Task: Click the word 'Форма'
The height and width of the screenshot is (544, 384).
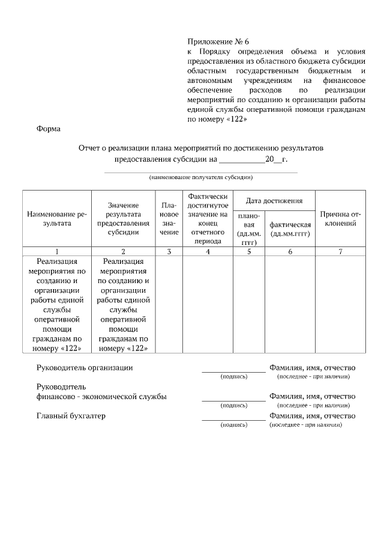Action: click(48, 129)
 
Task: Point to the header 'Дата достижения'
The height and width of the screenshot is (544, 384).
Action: click(274, 200)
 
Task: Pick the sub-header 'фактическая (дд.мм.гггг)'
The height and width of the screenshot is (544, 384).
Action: click(290, 229)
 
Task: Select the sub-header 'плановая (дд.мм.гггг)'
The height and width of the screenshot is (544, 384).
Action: click(248, 229)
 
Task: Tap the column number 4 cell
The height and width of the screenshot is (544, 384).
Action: click(208, 252)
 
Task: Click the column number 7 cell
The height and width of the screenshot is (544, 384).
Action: click(340, 252)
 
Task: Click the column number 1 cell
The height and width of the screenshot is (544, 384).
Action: click(56, 252)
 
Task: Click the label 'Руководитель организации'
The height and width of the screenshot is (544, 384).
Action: click(85, 367)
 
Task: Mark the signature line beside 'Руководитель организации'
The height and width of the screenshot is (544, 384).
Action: click(233, 371)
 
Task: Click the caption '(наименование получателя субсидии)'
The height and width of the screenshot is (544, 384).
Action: click(201, 177)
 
